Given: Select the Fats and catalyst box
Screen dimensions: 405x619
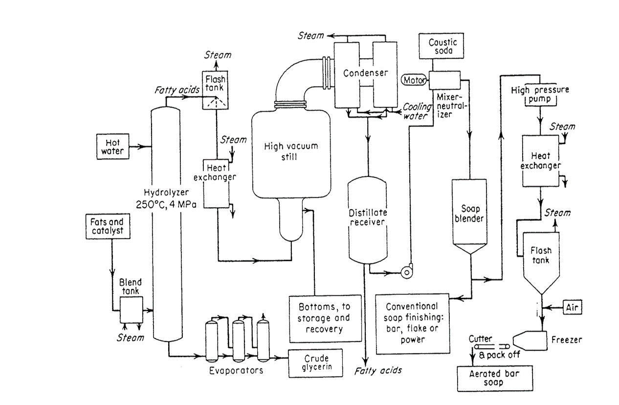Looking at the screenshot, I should click(108, 227).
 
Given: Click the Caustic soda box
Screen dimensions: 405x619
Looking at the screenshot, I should click(441, 46).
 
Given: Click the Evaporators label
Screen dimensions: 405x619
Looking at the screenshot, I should click(236, 370).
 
